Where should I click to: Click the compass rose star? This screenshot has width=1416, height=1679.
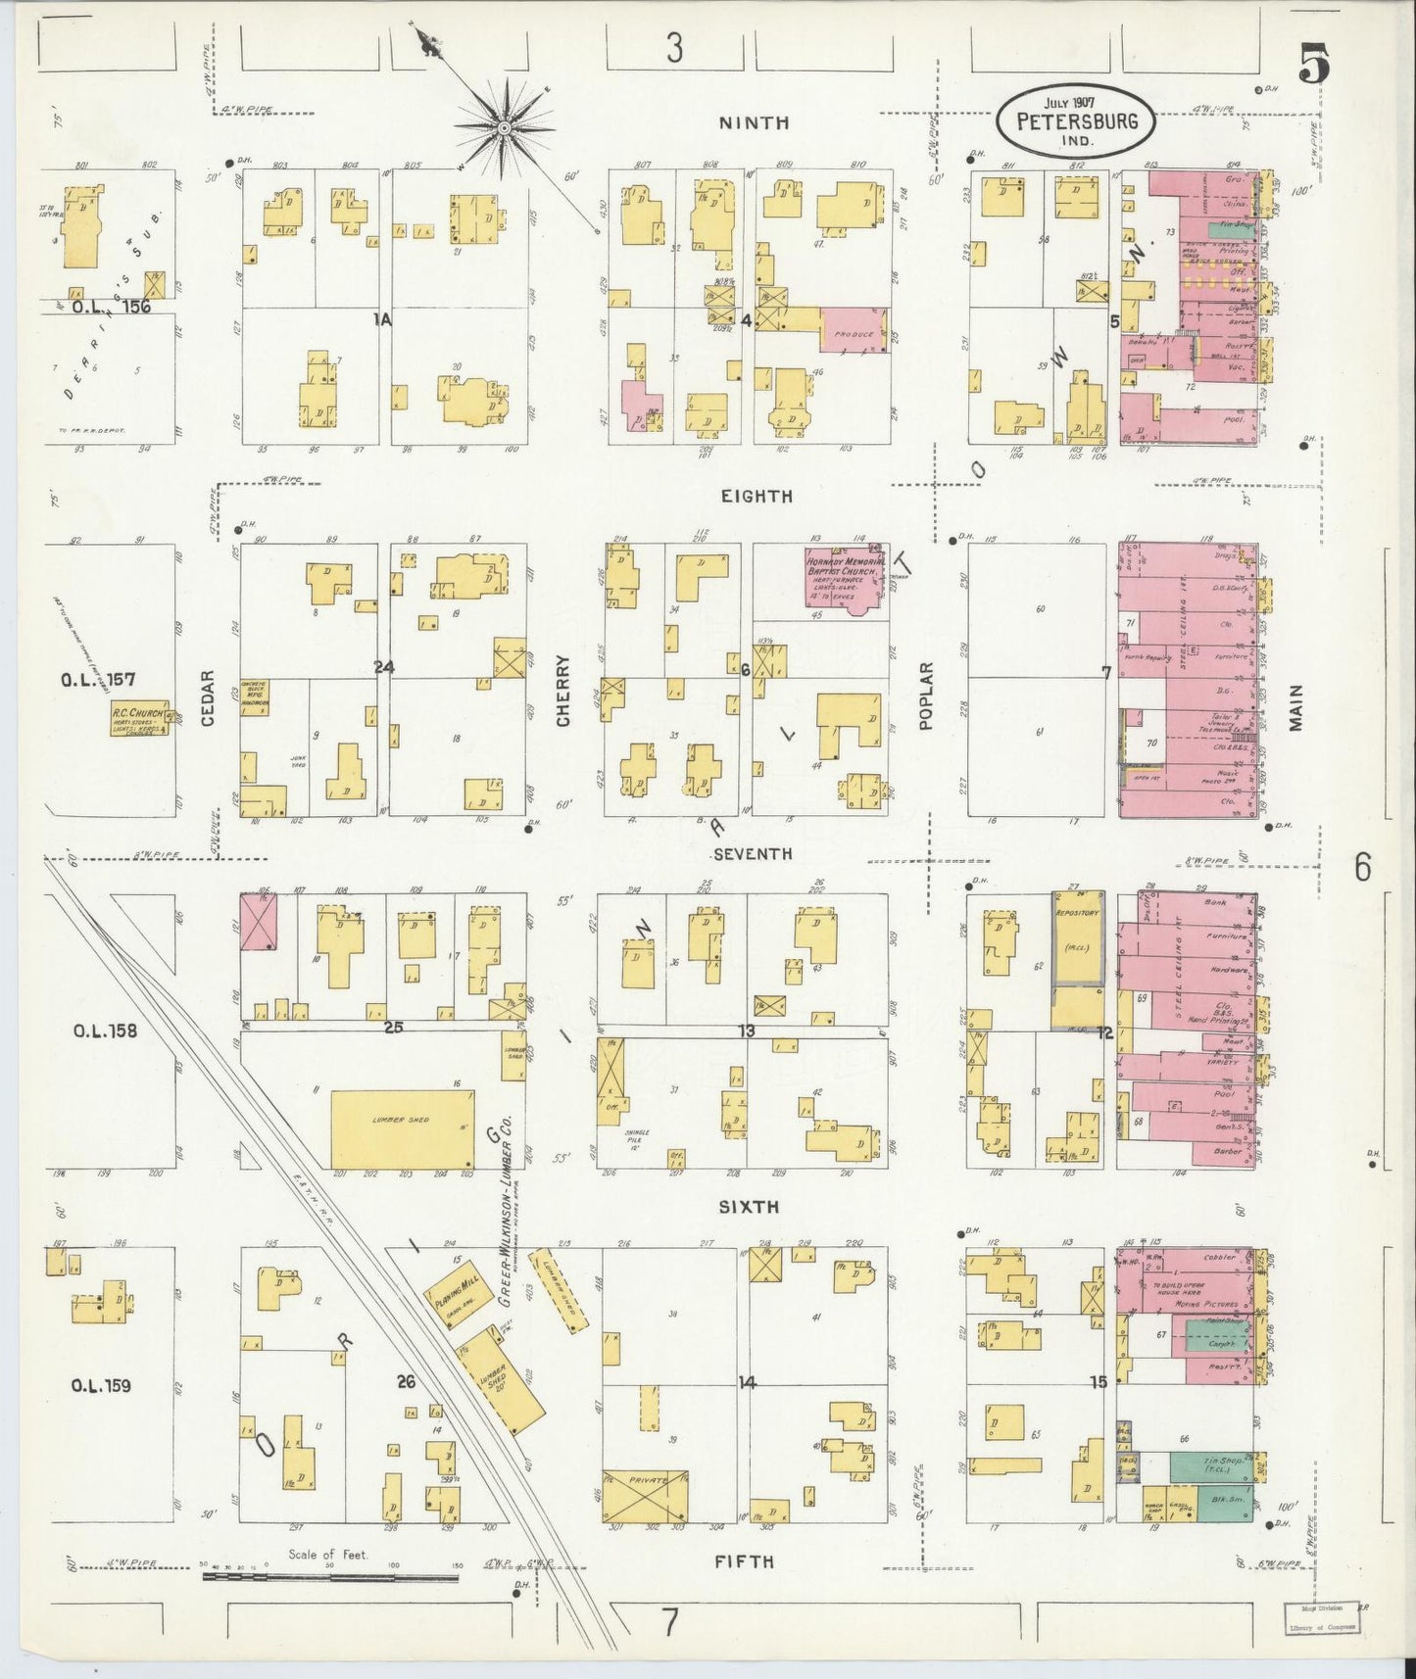[x=504, y=126]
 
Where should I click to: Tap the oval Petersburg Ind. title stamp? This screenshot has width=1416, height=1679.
[x=1075, y=121]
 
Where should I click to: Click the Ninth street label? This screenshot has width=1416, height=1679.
[x=754, y=123]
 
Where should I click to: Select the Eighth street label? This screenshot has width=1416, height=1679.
[x=756, y=497]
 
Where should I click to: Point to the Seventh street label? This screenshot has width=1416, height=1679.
[x=752, y=854]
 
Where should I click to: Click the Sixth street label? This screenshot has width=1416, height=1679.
[x=749, y=1208]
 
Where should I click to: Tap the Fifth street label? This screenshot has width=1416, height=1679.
[x=744, y=1561]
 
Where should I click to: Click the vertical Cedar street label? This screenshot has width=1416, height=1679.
[x=208, y=698]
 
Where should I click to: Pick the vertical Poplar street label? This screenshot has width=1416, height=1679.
[x=926, y=696]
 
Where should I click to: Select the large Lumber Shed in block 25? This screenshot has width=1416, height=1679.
[x=403, y=1127]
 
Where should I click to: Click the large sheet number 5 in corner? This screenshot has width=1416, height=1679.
[x=1313, y=66]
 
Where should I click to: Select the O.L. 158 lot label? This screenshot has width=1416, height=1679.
[x=104, y=1031]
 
